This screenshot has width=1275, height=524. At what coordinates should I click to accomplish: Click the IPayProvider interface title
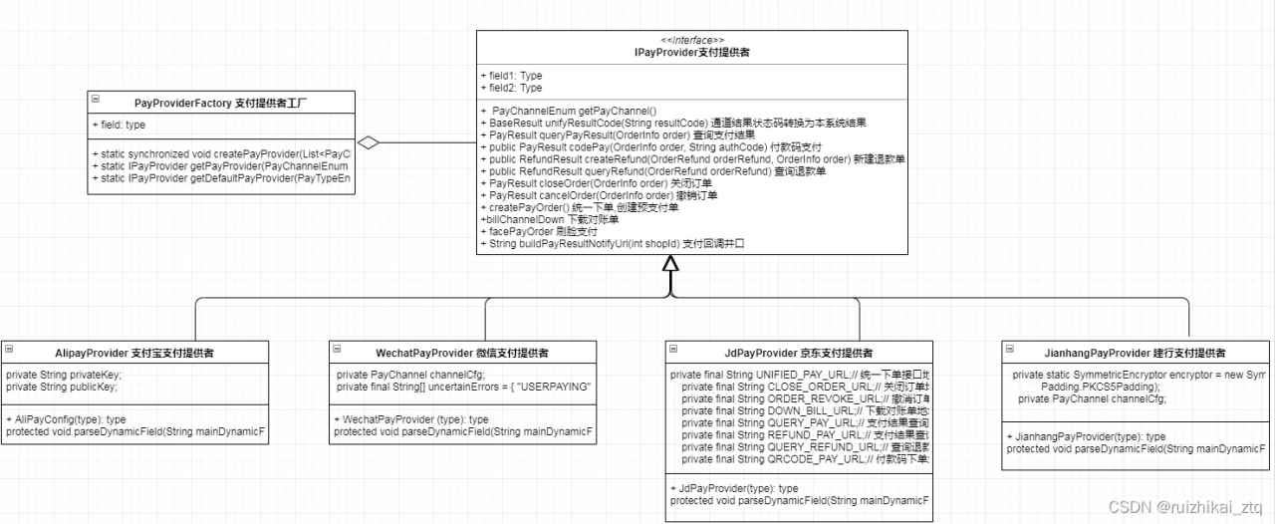pos(692,52)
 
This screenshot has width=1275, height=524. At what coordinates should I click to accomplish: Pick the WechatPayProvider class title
pos(461,353)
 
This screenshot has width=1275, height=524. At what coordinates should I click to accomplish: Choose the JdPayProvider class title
pos(799,353)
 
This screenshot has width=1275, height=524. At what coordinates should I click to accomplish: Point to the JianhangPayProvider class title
pos(1134,353)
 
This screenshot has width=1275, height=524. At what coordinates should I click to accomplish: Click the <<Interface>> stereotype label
pos(692,39)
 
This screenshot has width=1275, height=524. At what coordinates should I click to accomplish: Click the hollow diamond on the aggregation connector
pos(369,143)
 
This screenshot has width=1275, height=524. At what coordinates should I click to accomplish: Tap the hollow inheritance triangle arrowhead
pos(670,263)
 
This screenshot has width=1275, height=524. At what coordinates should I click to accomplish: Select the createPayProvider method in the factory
pos(222,153)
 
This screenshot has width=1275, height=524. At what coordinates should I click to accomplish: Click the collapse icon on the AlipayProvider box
pos(10,351)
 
